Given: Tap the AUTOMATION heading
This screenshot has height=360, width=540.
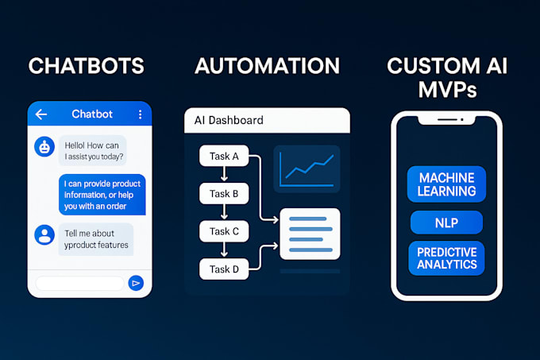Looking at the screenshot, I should [267, 66].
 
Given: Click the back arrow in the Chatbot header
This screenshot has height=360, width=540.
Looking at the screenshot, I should [41, 114].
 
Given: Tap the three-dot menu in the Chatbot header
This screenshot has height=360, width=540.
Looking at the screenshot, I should [140, 114].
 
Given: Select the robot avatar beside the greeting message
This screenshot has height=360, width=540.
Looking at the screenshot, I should [44, 146].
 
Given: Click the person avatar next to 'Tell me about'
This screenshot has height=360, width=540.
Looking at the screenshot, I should [44, 234].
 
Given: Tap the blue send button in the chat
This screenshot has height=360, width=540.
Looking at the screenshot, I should [136, 282].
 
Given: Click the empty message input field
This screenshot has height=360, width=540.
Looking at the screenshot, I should [79, 282].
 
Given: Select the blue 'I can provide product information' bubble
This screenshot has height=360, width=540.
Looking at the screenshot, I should [102, 195].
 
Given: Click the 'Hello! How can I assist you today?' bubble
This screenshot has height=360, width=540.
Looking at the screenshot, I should [92, 150].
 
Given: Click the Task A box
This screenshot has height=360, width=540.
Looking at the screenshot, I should [224, 156].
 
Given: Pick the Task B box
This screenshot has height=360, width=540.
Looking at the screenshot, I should [224, 193].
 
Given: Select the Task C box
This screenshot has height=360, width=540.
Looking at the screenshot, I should [224, 231].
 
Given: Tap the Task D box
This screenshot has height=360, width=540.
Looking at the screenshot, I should [224, 269].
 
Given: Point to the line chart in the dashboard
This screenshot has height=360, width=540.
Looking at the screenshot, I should [307, 168].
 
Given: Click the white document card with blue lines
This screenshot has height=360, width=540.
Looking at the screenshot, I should [310, 234].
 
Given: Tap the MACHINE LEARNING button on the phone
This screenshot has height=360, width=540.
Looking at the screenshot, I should [447, 184].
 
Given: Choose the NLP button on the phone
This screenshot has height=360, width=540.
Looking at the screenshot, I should [447, 222].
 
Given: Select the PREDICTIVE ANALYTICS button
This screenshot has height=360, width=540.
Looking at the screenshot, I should [447, 258].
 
